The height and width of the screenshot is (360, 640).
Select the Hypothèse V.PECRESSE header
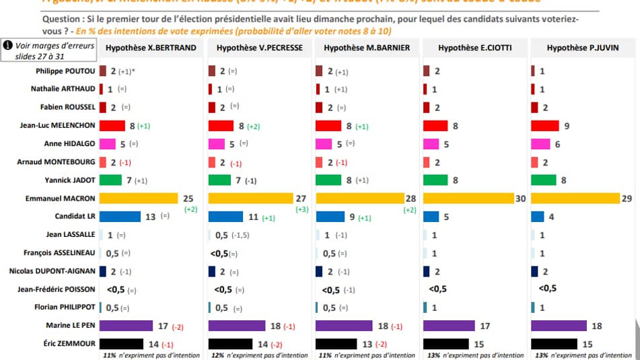[259, 48]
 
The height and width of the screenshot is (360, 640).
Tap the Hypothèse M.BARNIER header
[367, 48]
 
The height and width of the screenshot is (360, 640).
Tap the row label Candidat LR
[75, 217]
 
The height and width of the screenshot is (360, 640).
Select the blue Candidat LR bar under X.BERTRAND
[120, 217]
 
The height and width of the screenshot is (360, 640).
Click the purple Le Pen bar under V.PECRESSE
[236, 326]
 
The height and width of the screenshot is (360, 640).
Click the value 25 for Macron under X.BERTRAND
[188, 198]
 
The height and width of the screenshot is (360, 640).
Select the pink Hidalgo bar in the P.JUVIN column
[540, 143]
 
